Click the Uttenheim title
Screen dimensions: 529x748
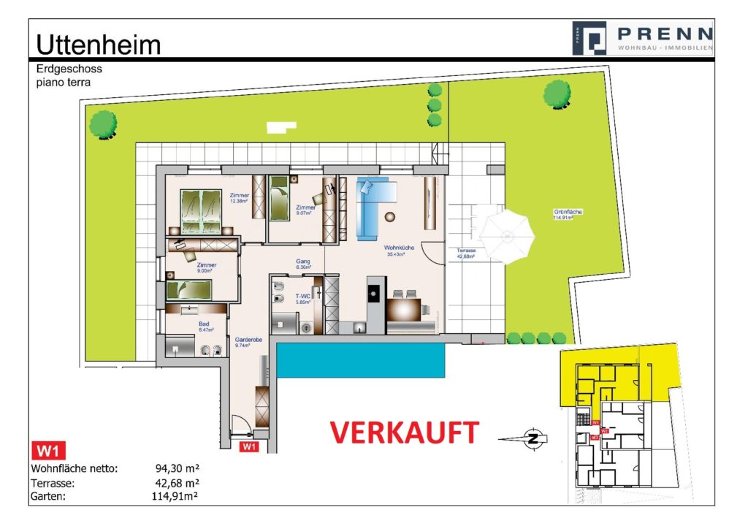coord(98,45)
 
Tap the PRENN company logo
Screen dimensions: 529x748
coord(642,37)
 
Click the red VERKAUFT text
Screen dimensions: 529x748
coord(405,432)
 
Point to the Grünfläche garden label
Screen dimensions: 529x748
coord(568,214)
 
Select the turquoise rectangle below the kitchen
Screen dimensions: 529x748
coord(361,361)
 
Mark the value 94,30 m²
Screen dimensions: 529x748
coord(178,468)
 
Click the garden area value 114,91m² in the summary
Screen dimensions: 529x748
coord(174,497)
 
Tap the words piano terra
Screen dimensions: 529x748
coord(64,83)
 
